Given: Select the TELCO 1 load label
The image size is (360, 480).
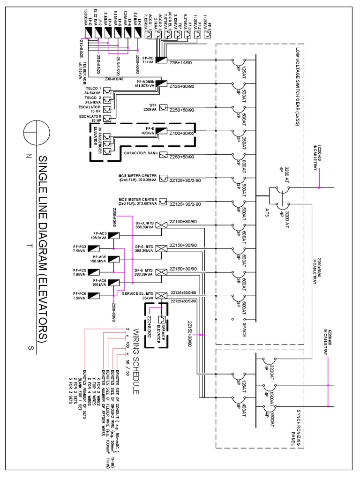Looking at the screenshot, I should (93, 90).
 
